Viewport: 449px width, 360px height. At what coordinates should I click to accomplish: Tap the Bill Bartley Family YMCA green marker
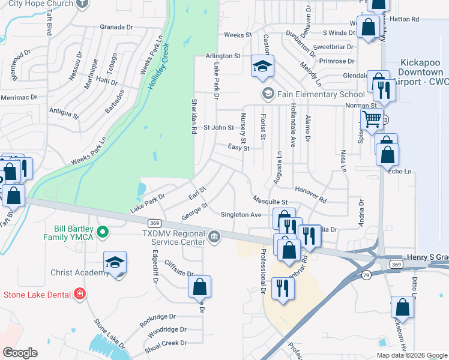pyautogui.click(x=103, y=231)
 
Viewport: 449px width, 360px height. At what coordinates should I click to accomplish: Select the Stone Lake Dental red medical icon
pyautogui.click(x=80, y=294)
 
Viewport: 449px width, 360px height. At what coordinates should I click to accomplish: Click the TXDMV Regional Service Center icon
pyautogui.click(x=214, y=238)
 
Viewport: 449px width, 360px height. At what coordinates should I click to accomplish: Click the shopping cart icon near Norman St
pyautogui.click(x=372, y=119)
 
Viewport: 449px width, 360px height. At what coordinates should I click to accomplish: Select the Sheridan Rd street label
pyautogui.click(x=194, y=116)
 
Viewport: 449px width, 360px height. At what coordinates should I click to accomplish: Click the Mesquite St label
pyautogui.click(x=270, y=202)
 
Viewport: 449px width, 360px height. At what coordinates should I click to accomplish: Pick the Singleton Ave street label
pyautogui.click(x=241, y=214)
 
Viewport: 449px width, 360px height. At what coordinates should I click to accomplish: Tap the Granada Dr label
pyautogui.click(x=116, y=27)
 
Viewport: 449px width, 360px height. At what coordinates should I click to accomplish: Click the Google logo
pyautogui.click(x=20, y=353)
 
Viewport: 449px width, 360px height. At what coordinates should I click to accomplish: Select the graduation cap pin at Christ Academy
pyautogui.click(x=115, y=263)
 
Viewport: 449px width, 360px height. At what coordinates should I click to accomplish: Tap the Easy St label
pyautogui.click(x=239, y=147)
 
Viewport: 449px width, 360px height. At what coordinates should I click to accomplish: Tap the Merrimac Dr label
pyautogui.click(x=19, y=97)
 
